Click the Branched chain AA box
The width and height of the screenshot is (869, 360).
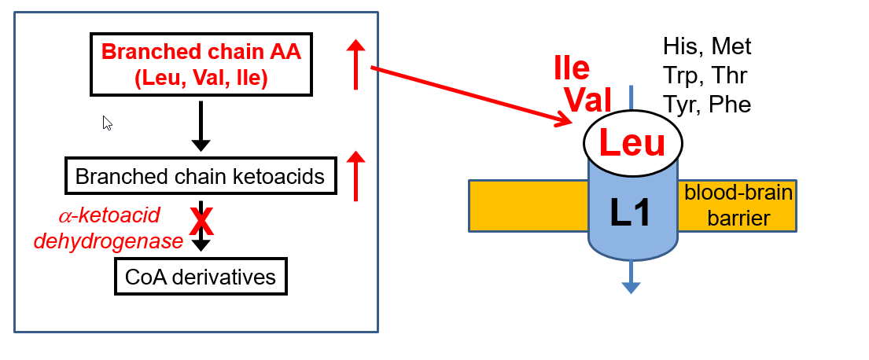tap(201, 65)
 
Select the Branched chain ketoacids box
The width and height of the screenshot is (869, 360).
tap(201, 176)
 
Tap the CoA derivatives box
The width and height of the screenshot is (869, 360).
tap(201, 277)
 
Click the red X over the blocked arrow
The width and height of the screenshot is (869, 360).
tap(202, 222)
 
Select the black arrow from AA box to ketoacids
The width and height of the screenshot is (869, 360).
tap(201, 126)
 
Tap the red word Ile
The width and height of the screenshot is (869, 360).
tap(572, 69)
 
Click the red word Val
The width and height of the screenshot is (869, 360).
tap(588, 101)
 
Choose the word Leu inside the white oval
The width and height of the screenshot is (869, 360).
tap(632, 144)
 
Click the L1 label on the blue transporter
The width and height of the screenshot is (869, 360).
tap(631, 211)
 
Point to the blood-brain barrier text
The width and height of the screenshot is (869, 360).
tap(738, 205)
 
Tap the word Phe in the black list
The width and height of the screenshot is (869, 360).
tap(731, 104)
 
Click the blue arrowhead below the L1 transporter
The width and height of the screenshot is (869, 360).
tap(631, 288)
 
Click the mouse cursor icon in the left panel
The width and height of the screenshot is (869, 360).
tap(108, 123)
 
